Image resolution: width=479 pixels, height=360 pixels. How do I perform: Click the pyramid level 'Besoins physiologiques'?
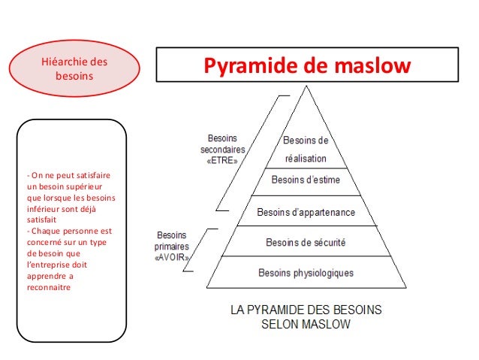coord(306,272)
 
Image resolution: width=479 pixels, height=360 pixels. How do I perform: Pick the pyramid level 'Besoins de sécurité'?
coord(306,242)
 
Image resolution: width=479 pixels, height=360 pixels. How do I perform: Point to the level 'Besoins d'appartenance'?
coord(306,212)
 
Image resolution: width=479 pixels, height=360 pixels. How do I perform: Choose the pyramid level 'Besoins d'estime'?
coord(306,180)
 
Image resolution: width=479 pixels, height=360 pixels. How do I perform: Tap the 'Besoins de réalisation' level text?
coord(306,150)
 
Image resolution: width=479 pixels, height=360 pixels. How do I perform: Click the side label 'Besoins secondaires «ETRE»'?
coord(224,149)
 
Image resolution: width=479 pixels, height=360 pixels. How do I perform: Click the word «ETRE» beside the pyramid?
coord(224,160)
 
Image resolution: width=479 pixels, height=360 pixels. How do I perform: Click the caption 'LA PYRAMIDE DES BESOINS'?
coord(306,310)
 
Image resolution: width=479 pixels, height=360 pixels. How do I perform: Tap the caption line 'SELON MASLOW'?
coord(306,325)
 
